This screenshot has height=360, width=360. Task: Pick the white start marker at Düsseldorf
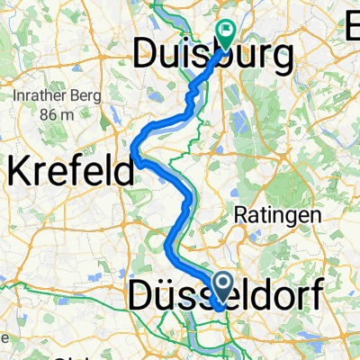221,286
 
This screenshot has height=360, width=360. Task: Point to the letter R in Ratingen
240,215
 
